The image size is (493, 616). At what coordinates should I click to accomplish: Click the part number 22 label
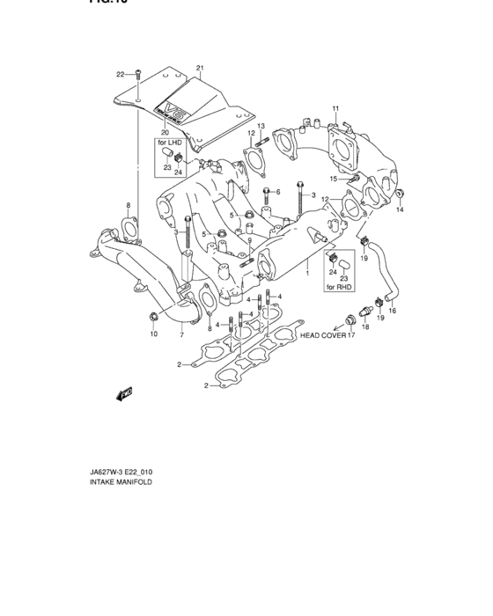click(121, 73)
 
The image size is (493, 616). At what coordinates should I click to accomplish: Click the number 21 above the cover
click(200, 69)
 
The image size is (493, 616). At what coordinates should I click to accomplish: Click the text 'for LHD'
click(169, 142)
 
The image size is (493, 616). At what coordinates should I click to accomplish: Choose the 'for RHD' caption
click(337, 288)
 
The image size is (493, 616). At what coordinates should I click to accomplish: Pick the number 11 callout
click(335, 108)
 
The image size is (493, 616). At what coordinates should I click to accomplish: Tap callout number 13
click(261, 126)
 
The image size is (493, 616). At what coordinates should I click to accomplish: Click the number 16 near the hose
click(393, 311)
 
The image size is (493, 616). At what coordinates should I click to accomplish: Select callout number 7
click(181, 335)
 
